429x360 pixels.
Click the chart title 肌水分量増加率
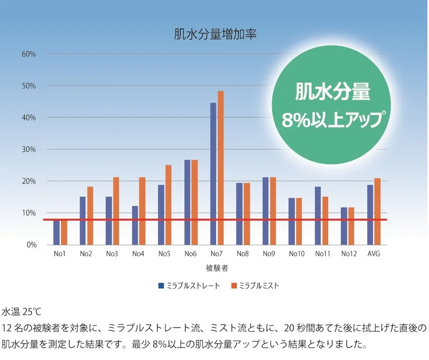214,35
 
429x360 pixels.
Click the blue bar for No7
213,174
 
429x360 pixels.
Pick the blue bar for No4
135,225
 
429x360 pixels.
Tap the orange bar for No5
169,204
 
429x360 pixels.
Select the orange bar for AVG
377,211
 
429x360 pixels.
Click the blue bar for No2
83,221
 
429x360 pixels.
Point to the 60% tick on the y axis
28,54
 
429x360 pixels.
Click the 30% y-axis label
28,149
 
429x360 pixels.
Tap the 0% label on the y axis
31,245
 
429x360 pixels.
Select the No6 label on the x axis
190,254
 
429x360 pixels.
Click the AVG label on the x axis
374,254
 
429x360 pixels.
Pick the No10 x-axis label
296,254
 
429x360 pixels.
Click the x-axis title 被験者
214,267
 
